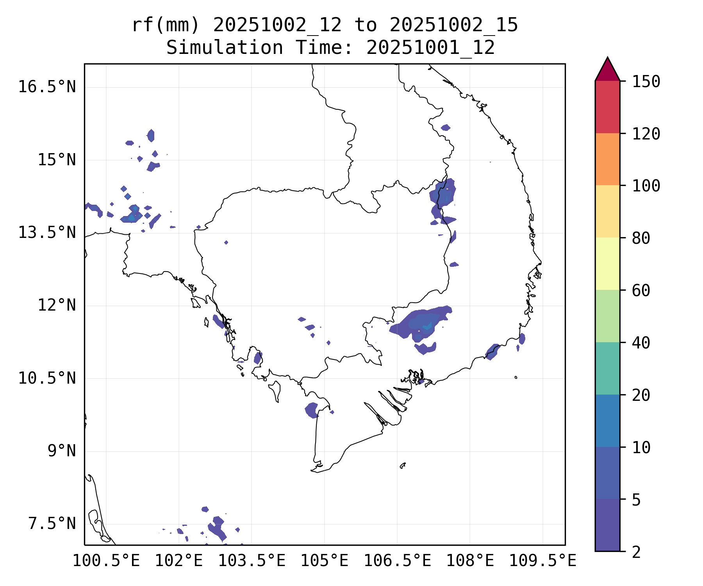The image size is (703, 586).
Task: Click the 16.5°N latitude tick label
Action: click(x=47, y=87)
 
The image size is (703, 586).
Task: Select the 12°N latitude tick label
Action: click(x=57, y=305)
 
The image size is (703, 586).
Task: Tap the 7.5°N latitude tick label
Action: click(x=52, y=524)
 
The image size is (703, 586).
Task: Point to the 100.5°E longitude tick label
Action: click(x=106, y=561)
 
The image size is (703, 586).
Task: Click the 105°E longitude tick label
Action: click(x=324, y=561)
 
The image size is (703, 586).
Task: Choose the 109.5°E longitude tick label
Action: click(x=542, y=561)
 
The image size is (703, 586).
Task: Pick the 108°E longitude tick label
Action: click(x=470, y=561)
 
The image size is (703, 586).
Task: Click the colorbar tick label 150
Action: click(x=646, y=82)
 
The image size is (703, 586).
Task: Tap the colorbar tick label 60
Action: click(x=641, y=291)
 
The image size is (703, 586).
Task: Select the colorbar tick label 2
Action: click(x=636, y=552)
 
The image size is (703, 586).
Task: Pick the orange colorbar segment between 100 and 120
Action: click(x=607, y=159)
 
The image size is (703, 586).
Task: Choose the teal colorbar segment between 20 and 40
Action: click(x=607, y=368)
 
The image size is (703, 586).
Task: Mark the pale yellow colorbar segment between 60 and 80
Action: click(x=607, y=264)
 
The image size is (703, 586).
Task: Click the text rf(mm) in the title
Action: click(x=166, y=25)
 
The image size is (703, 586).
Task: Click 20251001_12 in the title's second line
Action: click(x=431, y=48)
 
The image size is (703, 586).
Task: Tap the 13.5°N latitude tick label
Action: click(x=47, y=232)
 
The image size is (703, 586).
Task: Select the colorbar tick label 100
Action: click(x=646, y=186)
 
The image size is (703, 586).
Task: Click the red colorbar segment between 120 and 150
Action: click(x=607, y=107)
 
